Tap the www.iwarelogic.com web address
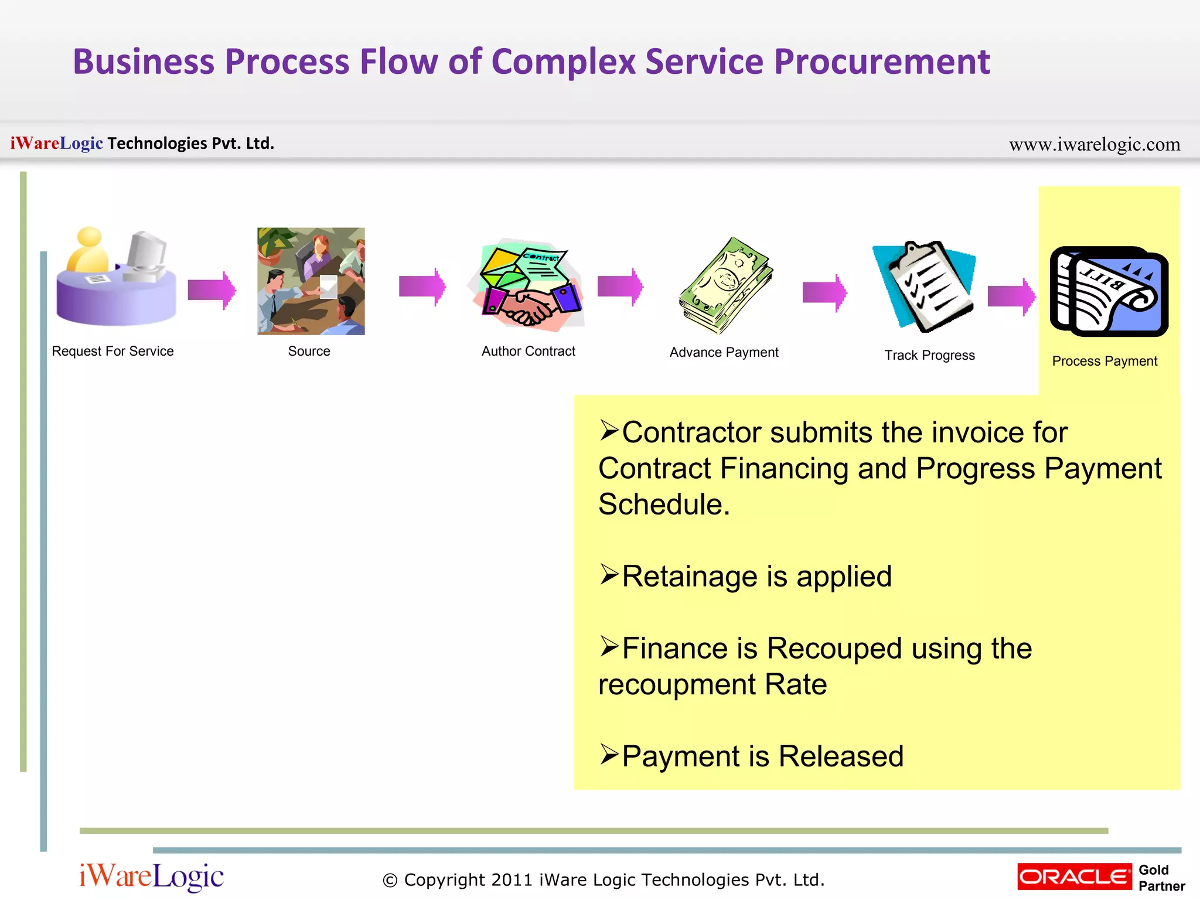[1094, 144]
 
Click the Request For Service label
[112, 351]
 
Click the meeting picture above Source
[311, 281]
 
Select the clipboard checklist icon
[926, 286]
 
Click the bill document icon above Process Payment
[1109, 291]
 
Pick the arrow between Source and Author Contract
[422, 287]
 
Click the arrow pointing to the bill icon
[1011, 296]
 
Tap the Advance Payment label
[724, 352]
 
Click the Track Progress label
[929, 355]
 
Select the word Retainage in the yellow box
[690, 577]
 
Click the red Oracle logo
[1074, 877]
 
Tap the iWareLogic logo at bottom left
[151, 877]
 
